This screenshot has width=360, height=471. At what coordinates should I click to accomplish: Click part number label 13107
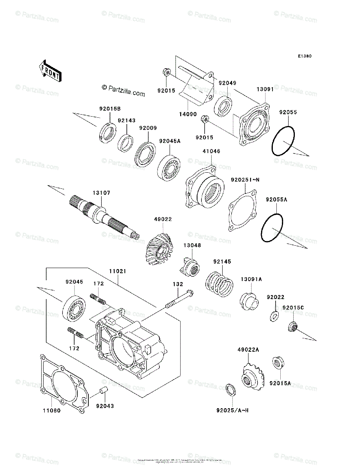click(x=101, y=193)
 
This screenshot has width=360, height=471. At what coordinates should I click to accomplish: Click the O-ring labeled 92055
click(x=283, y=141)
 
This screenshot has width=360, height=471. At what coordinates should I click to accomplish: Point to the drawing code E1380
click(x=304, y=57)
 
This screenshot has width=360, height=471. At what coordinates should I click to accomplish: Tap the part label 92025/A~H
click(x=232, y=411)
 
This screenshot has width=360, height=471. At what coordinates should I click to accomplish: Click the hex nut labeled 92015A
click(x=278, y=363)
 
